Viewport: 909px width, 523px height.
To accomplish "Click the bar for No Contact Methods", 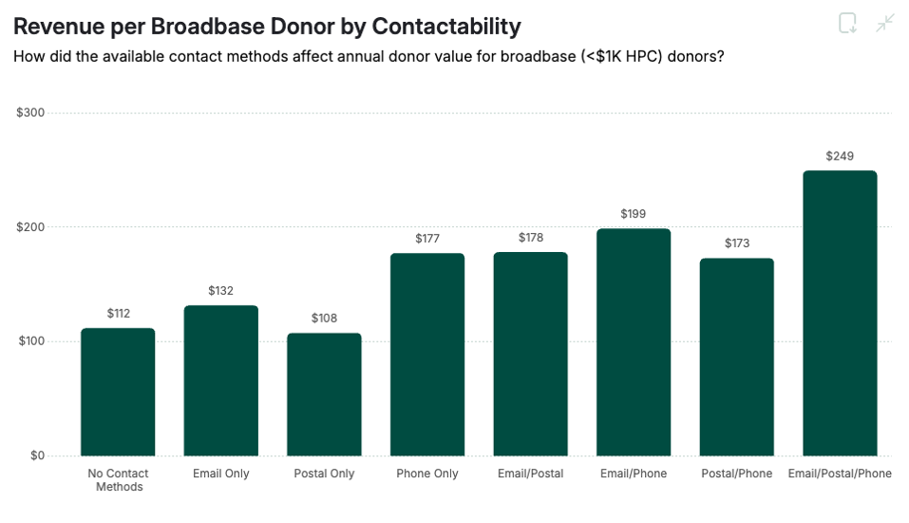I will pos(118,392).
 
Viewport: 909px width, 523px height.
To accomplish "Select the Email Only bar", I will pos(220,380).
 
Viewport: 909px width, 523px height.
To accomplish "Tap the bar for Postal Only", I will pos(324,394).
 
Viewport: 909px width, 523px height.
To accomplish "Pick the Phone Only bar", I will pos(427,354).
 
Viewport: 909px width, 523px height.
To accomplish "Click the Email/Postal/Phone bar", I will pos(840,313).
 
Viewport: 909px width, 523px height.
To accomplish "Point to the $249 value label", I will pos(840,156).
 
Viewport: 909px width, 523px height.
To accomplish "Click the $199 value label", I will pos(634,214).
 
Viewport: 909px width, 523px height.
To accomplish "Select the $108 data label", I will pos(324,319).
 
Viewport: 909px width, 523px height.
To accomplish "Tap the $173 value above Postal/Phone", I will pos(736,243).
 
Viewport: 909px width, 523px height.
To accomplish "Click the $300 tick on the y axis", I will pos(30,113).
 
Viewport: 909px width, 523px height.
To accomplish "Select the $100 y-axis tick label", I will pos(30,341).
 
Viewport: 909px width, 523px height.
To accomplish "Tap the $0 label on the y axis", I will pos(36,455).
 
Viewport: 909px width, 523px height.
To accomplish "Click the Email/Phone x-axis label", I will pos(634,474).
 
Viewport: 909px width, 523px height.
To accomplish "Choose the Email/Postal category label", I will pos(530,474).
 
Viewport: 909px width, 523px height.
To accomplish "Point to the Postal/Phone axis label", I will pos(736,474).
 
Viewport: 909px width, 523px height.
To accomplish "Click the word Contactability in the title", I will pos(445,26).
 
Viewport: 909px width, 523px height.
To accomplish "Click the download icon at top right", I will pos(848,24).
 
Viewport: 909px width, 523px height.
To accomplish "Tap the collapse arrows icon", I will pos(885,24).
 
